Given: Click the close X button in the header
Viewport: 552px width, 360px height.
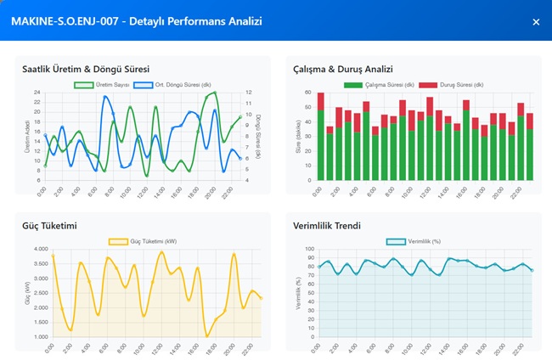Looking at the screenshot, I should pyautogui.click(x=536, y=21).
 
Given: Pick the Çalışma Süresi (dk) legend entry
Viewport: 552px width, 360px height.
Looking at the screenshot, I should pyautogui.click(x=379, y=85).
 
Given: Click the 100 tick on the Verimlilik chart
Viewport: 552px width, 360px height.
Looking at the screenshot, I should pyautogui.click(x=309, y=250).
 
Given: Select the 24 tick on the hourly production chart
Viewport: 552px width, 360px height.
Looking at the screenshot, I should pyautogui.click(x=37, y=93).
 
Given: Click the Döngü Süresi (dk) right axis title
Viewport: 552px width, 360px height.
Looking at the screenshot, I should pyautogui.click(x=258, y=136).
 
